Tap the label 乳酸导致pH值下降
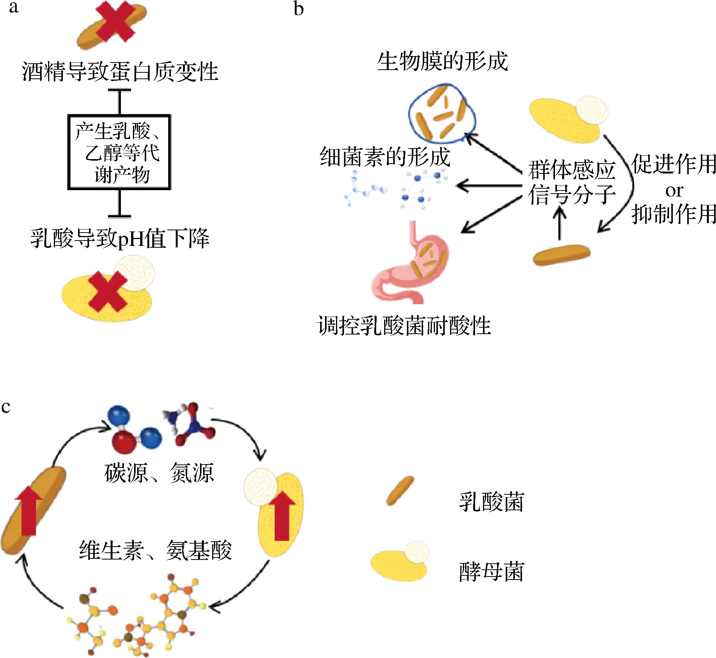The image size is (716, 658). click(120, 239)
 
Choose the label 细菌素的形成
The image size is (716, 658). click(385, 157)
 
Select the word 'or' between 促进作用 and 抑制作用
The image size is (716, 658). click(674, 191)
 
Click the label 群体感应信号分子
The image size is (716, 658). click(571, 183)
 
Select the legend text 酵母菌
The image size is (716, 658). click(491, 572)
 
